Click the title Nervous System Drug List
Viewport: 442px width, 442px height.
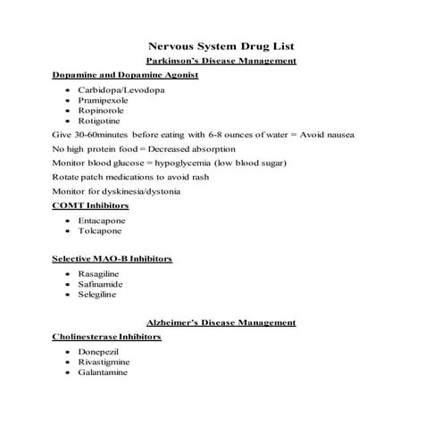tap(221, 46)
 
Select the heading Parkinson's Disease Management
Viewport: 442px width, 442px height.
tap(221, 61)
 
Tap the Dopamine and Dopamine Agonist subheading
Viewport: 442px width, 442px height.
tap(125, 75)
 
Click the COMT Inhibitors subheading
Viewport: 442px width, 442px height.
tap(91, 205)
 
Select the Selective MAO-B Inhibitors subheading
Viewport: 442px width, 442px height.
tap(113, 259)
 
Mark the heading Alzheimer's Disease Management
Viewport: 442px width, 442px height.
tap(221, 322)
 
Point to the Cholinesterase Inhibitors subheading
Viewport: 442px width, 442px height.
tap(107, 337)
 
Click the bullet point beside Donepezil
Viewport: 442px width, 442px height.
tap(68, 353)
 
